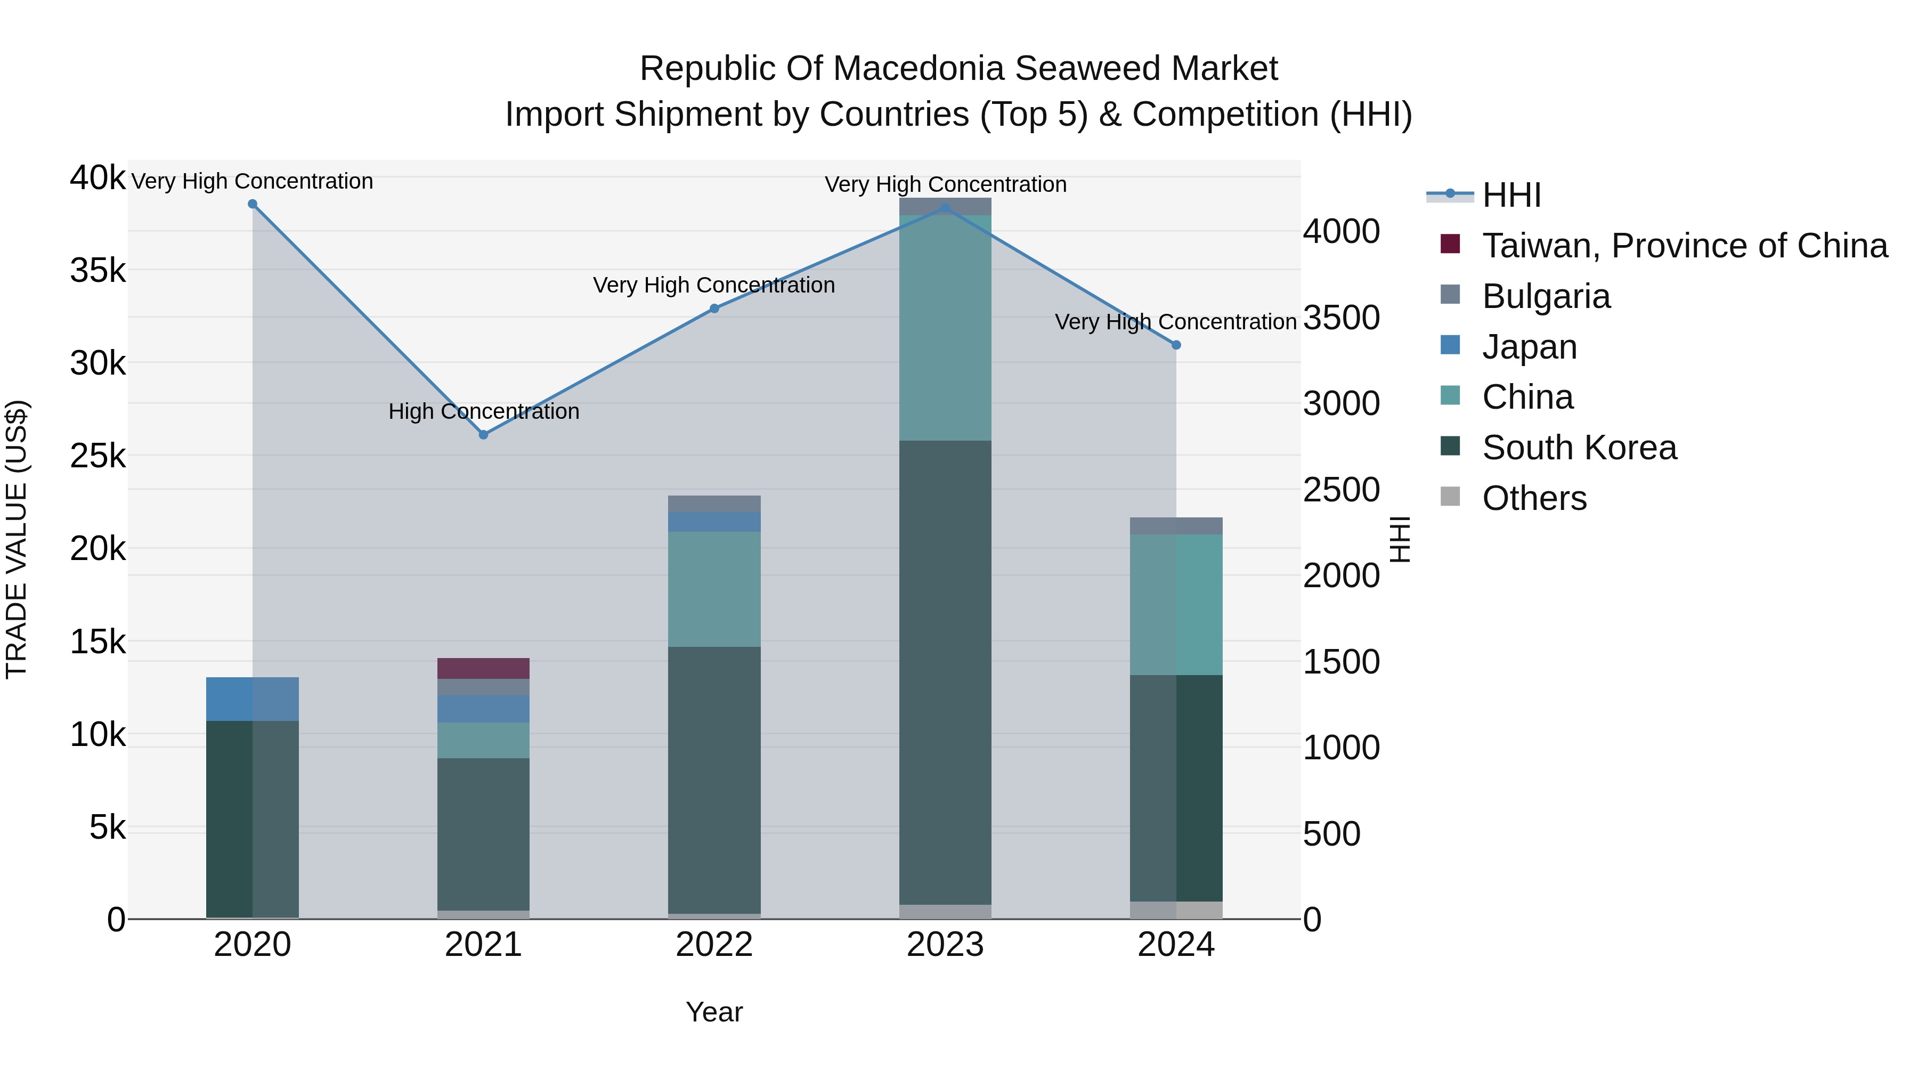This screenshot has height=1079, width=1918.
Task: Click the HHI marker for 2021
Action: point(483,434)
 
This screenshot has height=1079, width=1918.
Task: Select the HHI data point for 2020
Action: point(253,204)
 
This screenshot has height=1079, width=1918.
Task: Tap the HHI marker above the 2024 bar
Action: point(1176,345)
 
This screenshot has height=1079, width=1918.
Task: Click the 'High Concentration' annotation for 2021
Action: point(483,411)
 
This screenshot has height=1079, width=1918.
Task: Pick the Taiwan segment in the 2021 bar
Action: point(483,668)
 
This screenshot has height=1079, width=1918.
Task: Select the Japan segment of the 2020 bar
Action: point(253,699)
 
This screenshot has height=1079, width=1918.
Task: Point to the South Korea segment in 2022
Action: point(714,780)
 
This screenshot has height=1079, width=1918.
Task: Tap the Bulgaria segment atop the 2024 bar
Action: point(1176,526)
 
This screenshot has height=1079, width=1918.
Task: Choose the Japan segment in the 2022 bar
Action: point(714,521)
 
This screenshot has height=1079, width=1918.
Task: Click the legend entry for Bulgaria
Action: point(1546,296)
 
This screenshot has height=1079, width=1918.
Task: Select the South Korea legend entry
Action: point(1579,448)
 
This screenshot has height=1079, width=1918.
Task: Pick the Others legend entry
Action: point(1534,498)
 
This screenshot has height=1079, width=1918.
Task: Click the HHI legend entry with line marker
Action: point(1511,195)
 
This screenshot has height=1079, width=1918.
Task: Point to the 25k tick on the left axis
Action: point(97,456)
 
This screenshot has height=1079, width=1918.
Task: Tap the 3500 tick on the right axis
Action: point(1341,317)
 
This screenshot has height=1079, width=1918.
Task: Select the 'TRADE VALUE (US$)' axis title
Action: point(17,539)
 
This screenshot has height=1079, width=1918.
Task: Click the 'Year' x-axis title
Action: point(714,1012)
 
